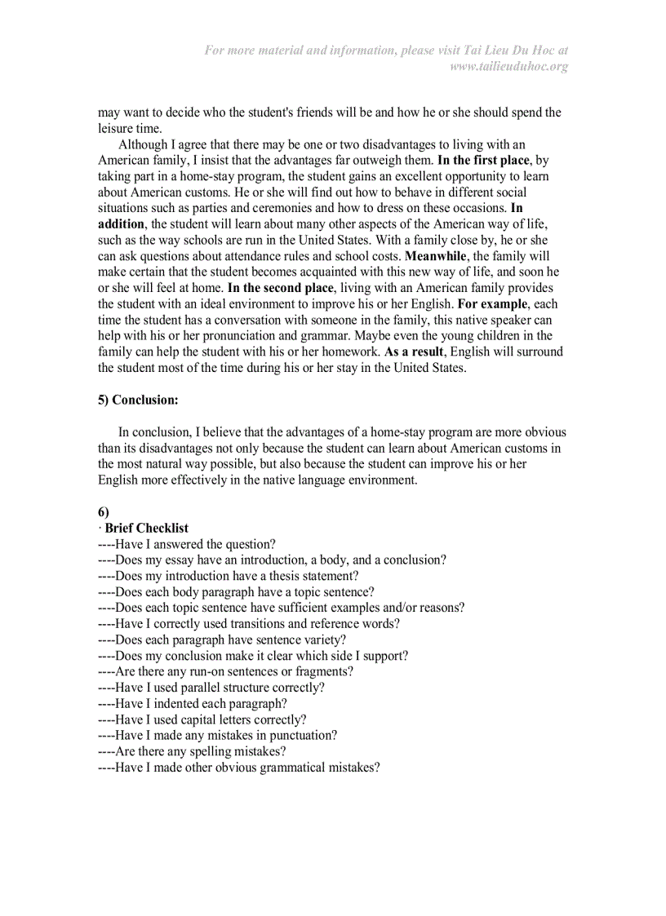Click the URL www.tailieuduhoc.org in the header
pyautogui.click(x=508, y=66)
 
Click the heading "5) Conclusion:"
pyautogui.click(x=138, y=400)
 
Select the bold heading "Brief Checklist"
pyautogui.click(x=147, y=528)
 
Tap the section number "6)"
pyautogui.click(x=104, y=512)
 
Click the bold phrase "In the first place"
pyautogui.click(x=483, y=161)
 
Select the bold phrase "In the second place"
pyautogui.click(x=280, y=288)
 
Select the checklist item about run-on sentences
pyautogui.click(x=225, y=671)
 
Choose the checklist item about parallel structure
pyautogui.click(x=211, y=688)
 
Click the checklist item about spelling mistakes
pyautogui.click(x=192, y=751)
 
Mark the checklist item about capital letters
pyautogui.click(x=202, y=719)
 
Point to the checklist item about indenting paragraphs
pyautogui.click(x=192, y=703)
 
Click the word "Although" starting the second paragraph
pyautogui.click(x=143, y=144)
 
